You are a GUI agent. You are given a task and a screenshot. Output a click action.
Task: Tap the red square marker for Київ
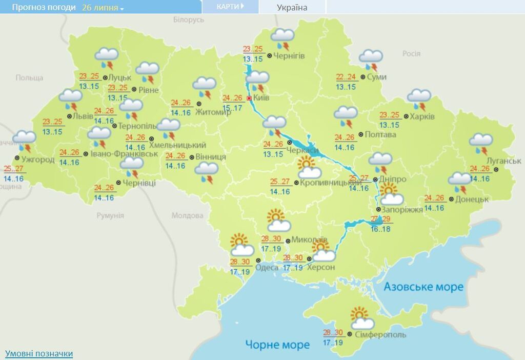coord(250,98)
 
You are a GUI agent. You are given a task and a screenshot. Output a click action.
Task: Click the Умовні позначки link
coord(39,353)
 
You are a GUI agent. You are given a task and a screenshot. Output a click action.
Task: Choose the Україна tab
coord(292,7)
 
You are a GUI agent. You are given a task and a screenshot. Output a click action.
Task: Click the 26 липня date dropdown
coord(103,8)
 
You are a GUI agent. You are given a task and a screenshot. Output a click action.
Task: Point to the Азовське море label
coord(423,287)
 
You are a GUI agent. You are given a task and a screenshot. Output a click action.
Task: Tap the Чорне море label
coord(277,344)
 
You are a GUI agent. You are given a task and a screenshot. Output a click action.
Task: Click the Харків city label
coord(422,116)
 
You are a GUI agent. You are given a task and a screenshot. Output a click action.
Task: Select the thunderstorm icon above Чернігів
coord(282,39)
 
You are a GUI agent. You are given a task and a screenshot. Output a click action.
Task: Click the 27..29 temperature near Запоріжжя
coord(380,219)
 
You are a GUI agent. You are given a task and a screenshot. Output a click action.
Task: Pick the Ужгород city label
coord(38,159)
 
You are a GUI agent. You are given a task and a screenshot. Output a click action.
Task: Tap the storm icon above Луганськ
coord(481,144)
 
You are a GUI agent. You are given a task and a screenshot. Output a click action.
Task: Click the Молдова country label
coord(187,215)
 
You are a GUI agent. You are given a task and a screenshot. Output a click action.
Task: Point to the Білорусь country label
coord(188,19)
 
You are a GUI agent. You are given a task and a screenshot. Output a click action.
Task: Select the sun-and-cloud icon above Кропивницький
coord(309,168)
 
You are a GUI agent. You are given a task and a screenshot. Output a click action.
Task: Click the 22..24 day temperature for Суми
coord(346,77)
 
